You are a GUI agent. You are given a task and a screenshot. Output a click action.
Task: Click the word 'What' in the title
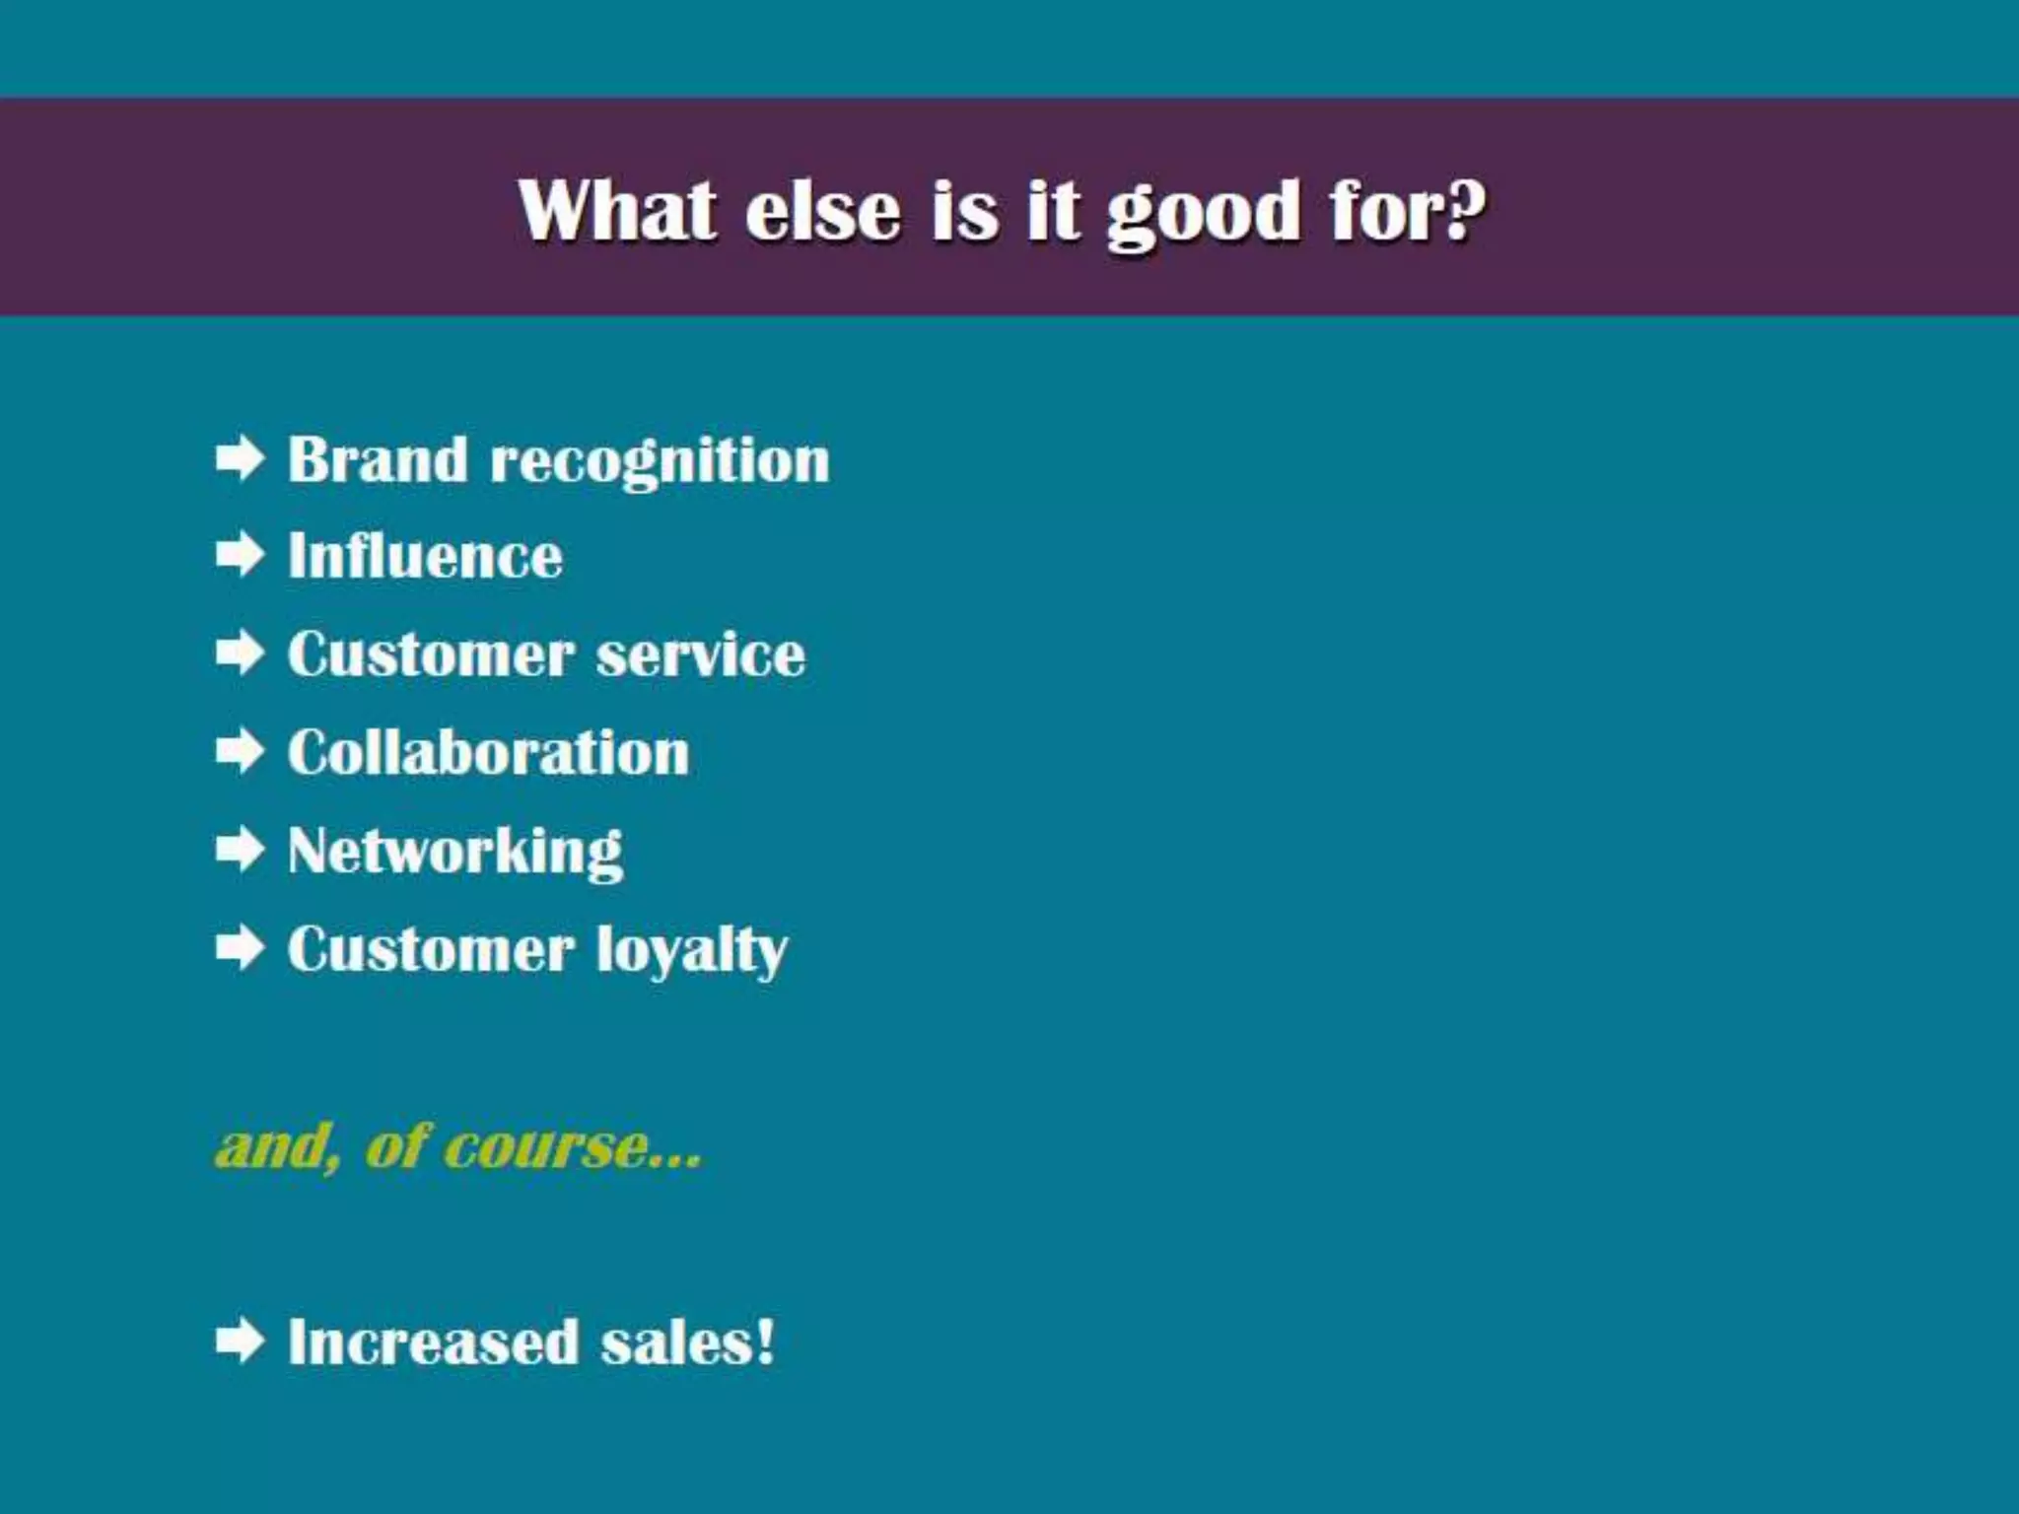pyautogui.click(x=617, y=210)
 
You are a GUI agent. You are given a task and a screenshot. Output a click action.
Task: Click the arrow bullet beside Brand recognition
pyautogui.click(x=240, y=458)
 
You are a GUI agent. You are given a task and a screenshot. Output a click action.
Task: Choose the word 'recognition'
pyautogui.click(x=660, y=461)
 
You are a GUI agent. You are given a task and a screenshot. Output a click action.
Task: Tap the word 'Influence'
pyautogui.click(x=425, y=556)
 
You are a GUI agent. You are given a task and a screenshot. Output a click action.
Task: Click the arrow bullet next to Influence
pyautogui.click(x=240, y=555)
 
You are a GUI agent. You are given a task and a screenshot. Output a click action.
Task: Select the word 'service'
pyautogui.click(x=700, y=654)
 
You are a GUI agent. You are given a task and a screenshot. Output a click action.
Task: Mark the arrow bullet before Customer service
pyautogui.click(x=240, y=653)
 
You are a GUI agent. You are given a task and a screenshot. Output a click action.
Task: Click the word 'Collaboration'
pyautogui.click(x=488, y=753)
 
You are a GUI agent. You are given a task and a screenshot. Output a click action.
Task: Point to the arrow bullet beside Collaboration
pyautogui.click(x=240, y=751)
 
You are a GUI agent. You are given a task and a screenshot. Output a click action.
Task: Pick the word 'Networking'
pyautogui.click(x=454, y=852)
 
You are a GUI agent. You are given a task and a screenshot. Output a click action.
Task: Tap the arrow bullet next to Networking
pyautogui.click(x=240, y=849)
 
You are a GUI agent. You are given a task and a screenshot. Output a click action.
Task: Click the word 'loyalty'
pyautogui.click(x=691, y=951)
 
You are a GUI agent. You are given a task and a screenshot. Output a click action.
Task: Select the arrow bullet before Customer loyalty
pyautogui.click(x=240, y=947)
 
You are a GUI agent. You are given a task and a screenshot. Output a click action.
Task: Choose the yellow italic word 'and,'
pyautogui.click(x=277, y=1147)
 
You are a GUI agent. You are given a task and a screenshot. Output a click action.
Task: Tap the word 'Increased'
pyautogui.click(x=433, y=1342)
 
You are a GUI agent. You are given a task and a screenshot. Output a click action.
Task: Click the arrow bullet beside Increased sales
pyautogui.click(x=240, y=1341)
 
